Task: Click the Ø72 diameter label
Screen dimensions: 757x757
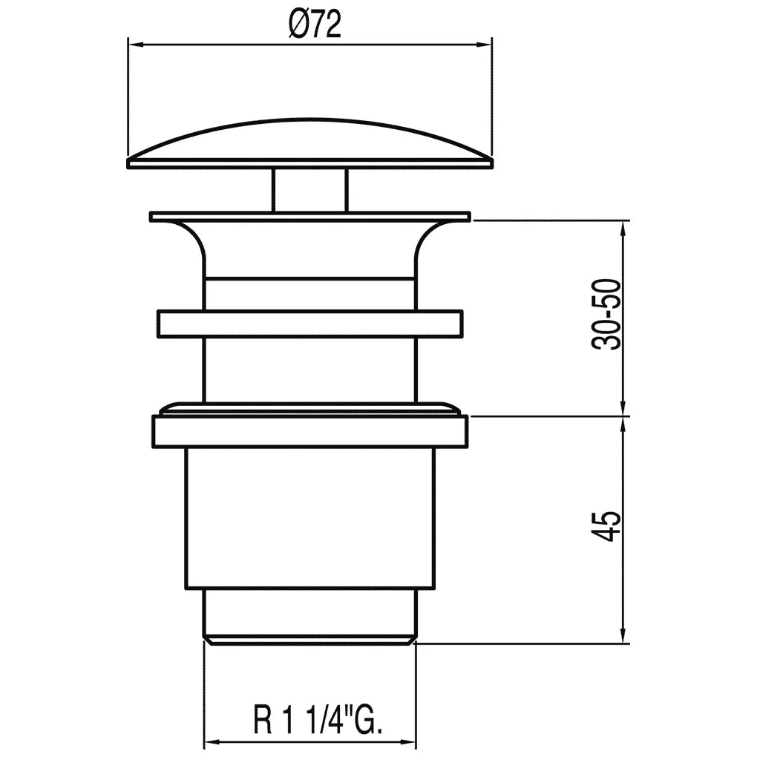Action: [x=315, y=24]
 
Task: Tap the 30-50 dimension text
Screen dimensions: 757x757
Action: [x=606, y=314]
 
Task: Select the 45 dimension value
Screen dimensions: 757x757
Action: [x=606, y=527]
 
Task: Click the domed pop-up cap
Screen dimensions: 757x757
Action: [x=310, y=143]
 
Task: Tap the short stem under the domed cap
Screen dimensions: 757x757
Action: [x=310, y=190]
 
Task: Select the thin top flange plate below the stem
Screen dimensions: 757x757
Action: [x=310, y=216]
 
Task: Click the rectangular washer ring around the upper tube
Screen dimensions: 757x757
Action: [x=310, y=324]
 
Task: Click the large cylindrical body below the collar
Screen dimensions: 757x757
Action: [x=310, y=519]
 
